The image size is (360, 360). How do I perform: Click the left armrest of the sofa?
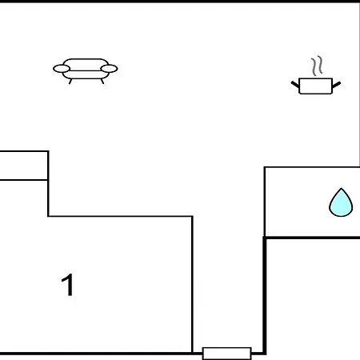coord(62,69)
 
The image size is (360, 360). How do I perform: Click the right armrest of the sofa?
coord(109,69)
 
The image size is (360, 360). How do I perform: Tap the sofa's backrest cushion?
coord(86,65)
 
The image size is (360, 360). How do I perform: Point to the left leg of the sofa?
coord(70,82)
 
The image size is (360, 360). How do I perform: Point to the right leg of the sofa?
coord(102,82)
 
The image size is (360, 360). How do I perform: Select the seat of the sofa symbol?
coord(86,75)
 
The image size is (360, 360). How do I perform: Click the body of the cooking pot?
coord(316,86)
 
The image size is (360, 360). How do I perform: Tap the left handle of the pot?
coord(295,85)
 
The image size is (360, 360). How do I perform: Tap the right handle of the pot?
coord(337,85)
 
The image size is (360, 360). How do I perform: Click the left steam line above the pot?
coord(314,66)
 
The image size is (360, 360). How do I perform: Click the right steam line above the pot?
coord(320,65)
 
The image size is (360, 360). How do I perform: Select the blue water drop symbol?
coord(341,202)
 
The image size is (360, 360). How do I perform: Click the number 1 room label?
coord(67,285)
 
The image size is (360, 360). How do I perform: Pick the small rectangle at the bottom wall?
coord(227,354)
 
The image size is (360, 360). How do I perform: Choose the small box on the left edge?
coord(24,166)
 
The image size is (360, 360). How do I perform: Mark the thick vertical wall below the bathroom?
coord(265,295)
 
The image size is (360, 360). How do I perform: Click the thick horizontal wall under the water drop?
coord(312,238)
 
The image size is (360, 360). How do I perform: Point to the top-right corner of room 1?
coord(192,216)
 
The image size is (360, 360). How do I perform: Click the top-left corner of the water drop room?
coord(265,167)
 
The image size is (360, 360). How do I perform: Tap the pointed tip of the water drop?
coord(341,189)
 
